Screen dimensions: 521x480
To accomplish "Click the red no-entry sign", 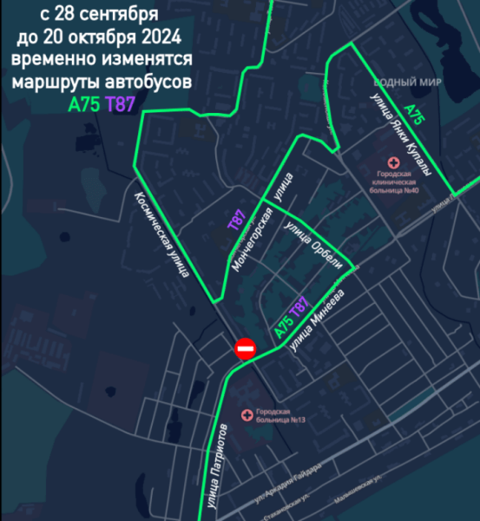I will [x=246, y=349].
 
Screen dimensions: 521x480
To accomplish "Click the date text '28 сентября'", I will [x=109, y=16].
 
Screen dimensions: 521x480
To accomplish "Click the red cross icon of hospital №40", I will [x=393, y=162].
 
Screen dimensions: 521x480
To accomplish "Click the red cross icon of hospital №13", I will [x=249, y=412].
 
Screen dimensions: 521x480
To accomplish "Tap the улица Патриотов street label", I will [x=218, y=466].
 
